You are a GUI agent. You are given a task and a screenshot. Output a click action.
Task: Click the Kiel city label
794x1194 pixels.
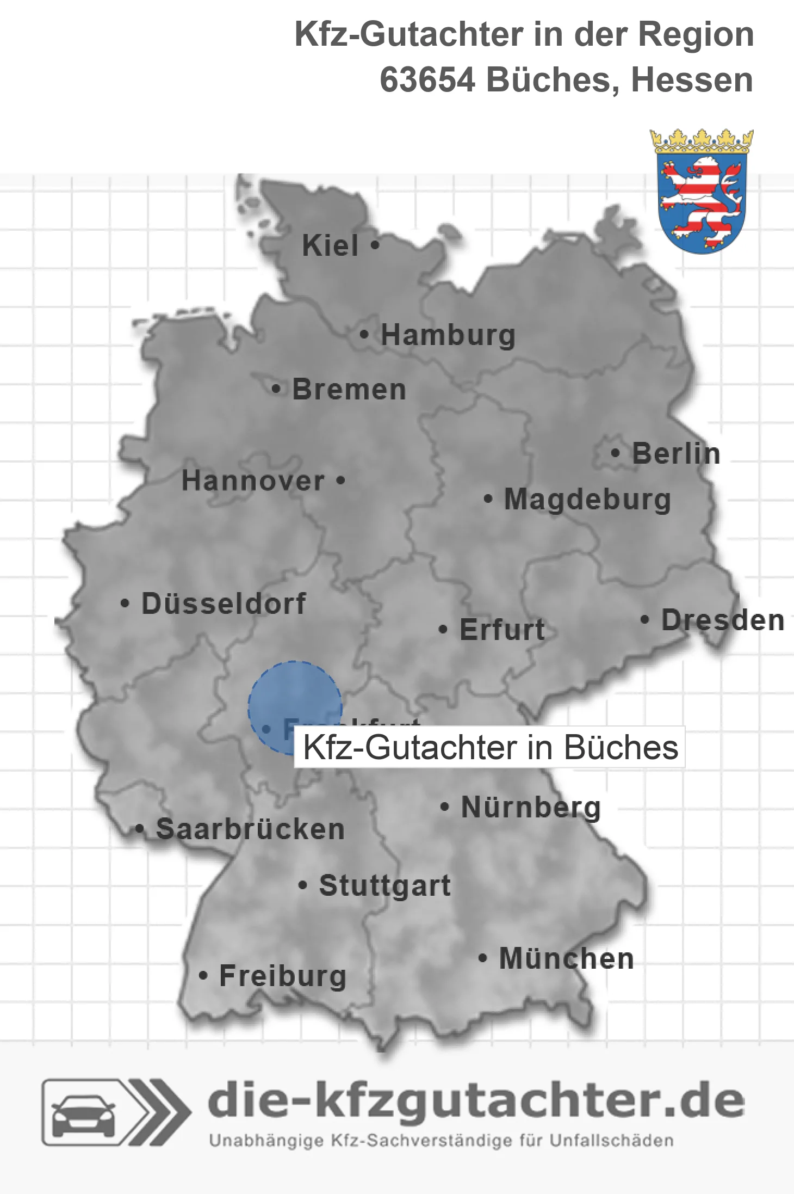[330, 245]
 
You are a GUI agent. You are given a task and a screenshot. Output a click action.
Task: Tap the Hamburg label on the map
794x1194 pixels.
[448, 335]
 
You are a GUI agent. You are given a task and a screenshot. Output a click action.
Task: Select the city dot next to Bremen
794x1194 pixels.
[276, 389]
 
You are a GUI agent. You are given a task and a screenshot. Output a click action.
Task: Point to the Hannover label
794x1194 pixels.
[253, 481]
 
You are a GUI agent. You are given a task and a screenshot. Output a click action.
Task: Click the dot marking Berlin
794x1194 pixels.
[615, 453]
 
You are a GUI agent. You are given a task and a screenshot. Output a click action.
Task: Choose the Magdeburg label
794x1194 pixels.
[587, 500]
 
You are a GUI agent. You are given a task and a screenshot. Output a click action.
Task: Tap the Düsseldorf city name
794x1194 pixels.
[224, 604]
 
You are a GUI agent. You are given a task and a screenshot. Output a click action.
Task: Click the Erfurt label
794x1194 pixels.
[502, 630]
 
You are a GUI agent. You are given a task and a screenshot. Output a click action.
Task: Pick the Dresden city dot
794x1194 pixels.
[644, 619]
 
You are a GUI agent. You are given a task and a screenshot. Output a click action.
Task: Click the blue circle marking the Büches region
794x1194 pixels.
[295, 699]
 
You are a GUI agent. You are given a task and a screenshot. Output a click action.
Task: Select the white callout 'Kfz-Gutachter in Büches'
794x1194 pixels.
[489, 747]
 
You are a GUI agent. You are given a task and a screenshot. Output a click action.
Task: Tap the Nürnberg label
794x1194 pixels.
[531, 807]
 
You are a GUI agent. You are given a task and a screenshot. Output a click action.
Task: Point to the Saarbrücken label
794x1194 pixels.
[250, 829]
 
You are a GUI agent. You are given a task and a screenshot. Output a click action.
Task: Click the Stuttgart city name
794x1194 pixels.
[384, 885]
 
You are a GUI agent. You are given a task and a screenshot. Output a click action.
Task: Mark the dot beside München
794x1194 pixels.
[482, 958]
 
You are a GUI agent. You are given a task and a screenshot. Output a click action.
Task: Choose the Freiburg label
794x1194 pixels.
[282, 976]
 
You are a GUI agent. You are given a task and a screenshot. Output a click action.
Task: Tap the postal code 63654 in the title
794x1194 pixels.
[427, 80]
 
